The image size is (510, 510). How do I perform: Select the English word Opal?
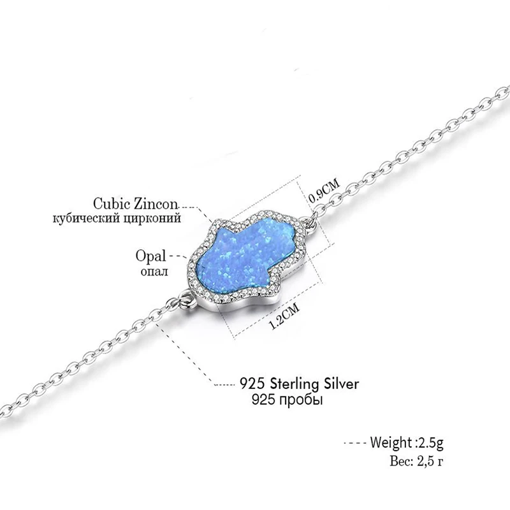[151, 257]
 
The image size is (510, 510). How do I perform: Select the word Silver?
[339, 384]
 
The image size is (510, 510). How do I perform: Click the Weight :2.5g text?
[404, 441]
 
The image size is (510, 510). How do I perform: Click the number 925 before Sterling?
[251, 384]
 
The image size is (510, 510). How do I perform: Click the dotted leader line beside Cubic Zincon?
[191, 207]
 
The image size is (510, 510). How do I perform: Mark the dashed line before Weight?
[352, 442]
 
